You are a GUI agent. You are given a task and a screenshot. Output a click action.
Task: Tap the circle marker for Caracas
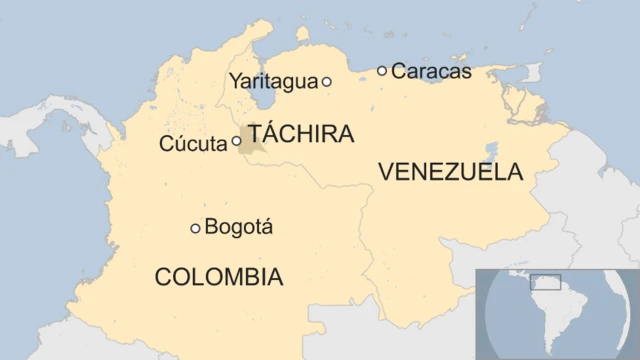pos(382,70)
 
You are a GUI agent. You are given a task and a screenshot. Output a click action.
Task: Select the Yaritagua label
pos(273,82)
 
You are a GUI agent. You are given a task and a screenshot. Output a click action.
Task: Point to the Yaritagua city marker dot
pos(326,82)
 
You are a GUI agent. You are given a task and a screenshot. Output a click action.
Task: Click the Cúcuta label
pos(193,144)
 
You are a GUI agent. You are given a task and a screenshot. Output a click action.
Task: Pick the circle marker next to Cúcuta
pos(236,141)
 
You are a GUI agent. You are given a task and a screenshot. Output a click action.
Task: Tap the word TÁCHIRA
pos(301,134)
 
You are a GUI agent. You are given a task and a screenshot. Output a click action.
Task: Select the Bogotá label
pos(238,228)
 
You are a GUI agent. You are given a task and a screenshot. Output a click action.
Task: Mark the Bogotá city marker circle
pos(195,228)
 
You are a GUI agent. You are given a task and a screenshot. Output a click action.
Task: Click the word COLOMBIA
pos(218,277)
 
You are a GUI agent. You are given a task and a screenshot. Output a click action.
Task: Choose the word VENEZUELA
pos(450,172)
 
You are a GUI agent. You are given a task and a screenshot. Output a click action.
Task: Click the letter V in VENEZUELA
pos(386,172)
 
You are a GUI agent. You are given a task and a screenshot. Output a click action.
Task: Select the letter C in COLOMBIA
pos(163,277)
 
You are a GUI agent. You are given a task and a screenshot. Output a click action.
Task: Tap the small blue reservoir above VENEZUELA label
pos(491,152)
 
